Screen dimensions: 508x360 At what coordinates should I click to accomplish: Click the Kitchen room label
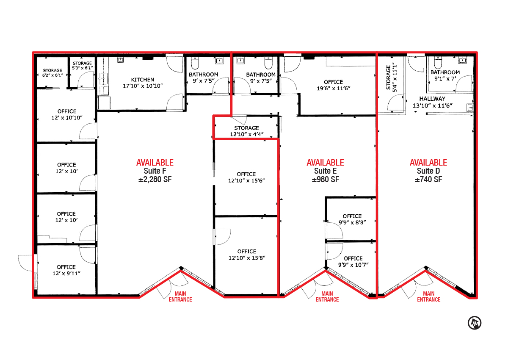click(143, 83)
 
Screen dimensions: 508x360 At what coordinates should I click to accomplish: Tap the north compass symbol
click(475, 323)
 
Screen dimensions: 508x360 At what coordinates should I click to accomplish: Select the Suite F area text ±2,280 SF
click(155, 180)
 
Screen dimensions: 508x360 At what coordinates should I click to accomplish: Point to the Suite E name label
click(325, 171)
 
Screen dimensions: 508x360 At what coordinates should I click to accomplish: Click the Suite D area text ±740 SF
click(428, 180)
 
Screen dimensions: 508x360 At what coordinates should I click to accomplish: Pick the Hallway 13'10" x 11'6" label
click(432, 102)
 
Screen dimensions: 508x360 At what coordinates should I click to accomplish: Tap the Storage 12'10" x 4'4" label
click(246, 131)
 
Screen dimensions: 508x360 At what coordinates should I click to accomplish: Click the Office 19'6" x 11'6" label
click(334, 85)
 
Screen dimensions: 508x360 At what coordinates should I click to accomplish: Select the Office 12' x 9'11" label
click(66, 270)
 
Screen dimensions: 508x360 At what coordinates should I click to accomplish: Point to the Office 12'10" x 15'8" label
click(247, 255)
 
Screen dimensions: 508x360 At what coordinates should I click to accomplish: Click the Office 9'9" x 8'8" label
click(352, 219)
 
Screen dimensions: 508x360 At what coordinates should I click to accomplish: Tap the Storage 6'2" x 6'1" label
click(52, 73)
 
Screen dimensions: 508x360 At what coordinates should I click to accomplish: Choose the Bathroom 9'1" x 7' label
click(445, 75)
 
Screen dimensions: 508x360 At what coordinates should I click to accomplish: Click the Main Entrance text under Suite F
click(180, 297)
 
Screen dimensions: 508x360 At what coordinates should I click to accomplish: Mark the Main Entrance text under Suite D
click(428, 297)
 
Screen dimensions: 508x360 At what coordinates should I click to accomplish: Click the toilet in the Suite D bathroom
click(438, 62)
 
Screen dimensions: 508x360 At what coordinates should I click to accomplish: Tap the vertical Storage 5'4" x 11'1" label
click(392, 78)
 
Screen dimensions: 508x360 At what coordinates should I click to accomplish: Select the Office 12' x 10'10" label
click(67, 114)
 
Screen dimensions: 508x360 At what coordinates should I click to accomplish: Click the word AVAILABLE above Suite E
click(325, 163)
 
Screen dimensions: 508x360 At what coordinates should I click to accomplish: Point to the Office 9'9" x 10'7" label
click(353, 262)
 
